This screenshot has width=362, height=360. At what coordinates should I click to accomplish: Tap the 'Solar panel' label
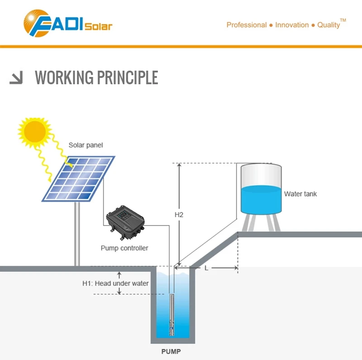tap(86, 145)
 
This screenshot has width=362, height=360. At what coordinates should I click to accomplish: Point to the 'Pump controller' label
tap(124, 248)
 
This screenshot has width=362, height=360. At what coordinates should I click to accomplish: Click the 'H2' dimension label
tap(179, 215)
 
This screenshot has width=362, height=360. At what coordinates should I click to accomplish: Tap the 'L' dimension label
tap(206, 268)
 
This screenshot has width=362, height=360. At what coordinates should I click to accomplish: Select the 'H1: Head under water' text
tap(115, 283)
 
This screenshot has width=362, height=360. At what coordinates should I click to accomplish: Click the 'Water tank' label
tap(300, 194)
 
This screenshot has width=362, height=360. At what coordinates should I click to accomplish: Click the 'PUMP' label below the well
tap(172, 351)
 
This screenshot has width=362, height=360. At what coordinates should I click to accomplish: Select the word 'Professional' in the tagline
tap(246, 25)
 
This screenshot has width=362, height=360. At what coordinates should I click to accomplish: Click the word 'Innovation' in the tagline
tap(292, 25)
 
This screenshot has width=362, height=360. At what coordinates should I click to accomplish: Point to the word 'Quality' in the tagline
tap(328, 25)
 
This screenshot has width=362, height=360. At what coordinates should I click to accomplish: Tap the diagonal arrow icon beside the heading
tap(16, 78)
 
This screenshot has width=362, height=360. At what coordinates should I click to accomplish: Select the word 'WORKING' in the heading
tap(64, 78)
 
